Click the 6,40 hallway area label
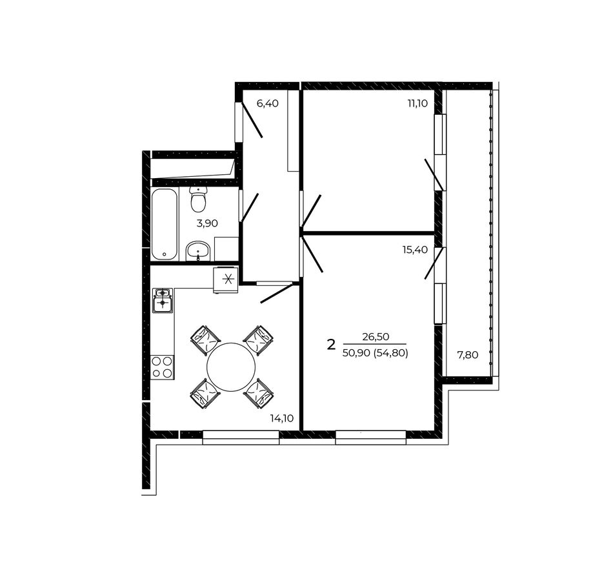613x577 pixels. [x=267, y=104]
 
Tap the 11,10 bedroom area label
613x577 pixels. [x=417, y=103]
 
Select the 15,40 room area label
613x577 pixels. [x=415, y=249]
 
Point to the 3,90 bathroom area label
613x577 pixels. [x=207, y=223]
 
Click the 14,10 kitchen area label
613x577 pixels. [x=282, y=418]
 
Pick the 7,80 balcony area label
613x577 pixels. [x=468, y=355]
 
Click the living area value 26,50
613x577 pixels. [x=376, y=336]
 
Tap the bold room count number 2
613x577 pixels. [x=331, y=345]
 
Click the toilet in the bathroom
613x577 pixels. [x=198, y=199]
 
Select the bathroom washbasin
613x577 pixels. [x=198, y=251]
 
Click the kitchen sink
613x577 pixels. [x=162, y=300]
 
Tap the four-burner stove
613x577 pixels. [x=162, y=367]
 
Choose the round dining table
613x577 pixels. [x=230, y=367]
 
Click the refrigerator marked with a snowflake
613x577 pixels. [x=226, y=280]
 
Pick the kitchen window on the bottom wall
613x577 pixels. [x=241, y=437]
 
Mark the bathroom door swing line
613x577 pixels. [x=250, y=208]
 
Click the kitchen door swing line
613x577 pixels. [x=277, y=294]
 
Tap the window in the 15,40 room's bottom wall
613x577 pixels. [x=370, y=437]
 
